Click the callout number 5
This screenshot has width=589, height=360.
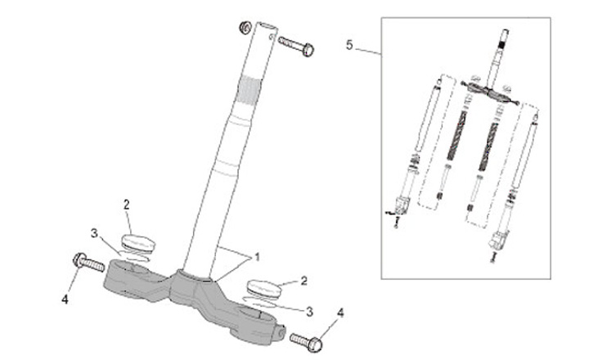pos(349,45)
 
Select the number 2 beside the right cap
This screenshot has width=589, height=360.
pos(303,281)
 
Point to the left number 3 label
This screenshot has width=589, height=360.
pos(95,233)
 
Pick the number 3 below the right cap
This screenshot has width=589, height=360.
pos(308,311)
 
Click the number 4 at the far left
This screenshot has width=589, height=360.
pos(65,299)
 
